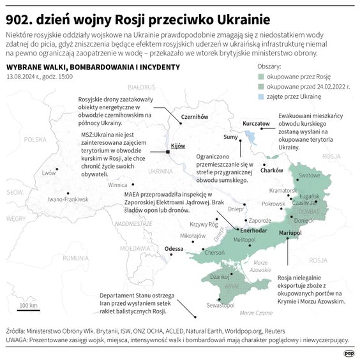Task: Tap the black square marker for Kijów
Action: point(168,152)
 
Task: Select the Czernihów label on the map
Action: point(195,117)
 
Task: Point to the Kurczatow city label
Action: point(257,123)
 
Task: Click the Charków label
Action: point(272,170)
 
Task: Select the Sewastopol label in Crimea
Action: point(223,306)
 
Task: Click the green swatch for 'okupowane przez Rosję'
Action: point(261,76)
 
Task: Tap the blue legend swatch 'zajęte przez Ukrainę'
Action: point(261,96)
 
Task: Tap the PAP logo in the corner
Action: point(349,350)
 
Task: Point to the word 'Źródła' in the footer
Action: point(16,332)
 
